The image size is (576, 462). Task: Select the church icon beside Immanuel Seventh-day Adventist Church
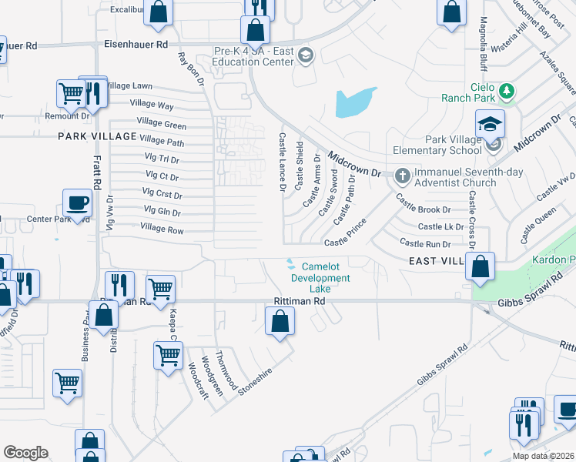pyautogui.click(x=402, y=176)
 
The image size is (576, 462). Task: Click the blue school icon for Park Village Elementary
pyautogui.click(x=489, y=123)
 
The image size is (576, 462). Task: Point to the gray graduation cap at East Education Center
pyautogui.click(x=306, y=55)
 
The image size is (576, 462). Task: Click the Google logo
pyautogui.click(x=25, y=453)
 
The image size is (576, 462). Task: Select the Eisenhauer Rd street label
pyautogui.click(x=136, y=45)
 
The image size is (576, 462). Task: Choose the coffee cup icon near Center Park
pyautogui.click(x=77, y=203)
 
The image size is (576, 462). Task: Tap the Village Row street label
pyautogui.click(x=162, y=229)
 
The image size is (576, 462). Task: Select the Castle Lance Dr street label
pyautogui.click(x=282, y=161)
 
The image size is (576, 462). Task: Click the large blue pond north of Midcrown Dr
pyautogui.click(x=355, y=102)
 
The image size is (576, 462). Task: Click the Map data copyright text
pyautogui.click(x=543, y=456)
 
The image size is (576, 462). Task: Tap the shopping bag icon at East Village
pyautogui.click(x=480, y=266)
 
